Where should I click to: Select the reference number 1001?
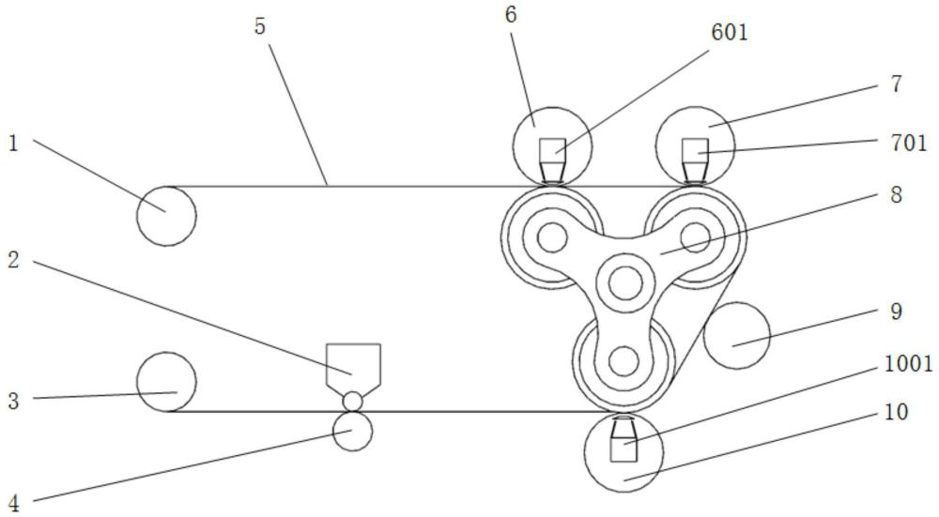pyautogui.click(x=909, y=365)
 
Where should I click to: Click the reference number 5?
pyautogui.click(x=260, y=26)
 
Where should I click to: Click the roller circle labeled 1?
pyautogui.click(x=166, y=216)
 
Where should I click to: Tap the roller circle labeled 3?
pyautogui.click(x=166, y=382)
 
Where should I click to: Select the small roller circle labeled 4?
pyautogui.click(x=352, y=432)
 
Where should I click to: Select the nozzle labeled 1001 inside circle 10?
pyautogui.click(x=623, y=439)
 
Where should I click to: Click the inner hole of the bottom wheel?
pyautogui.click(x=623, y=359)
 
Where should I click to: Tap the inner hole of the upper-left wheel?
pyautogui.click(x=552, y=238)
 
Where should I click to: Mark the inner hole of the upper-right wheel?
pyautogui.click(x=695, y=234)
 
